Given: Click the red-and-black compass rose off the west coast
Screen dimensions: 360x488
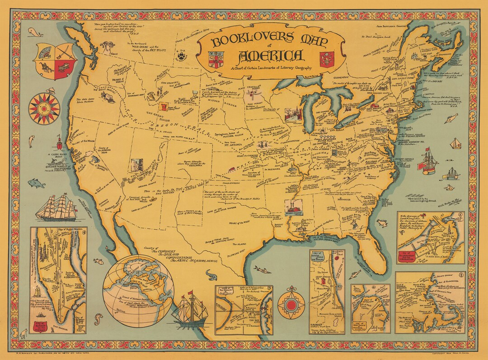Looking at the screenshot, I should (x=44, y=108).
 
